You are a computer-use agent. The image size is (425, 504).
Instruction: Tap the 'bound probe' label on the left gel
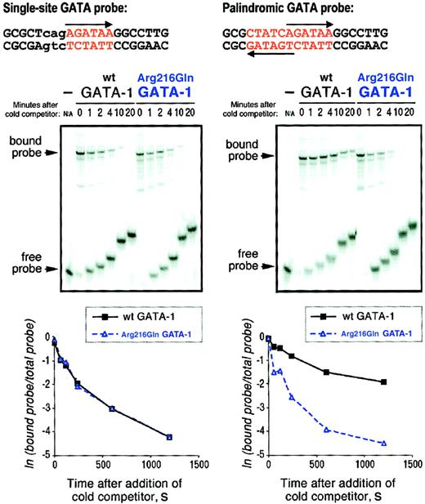(x=25, y=146)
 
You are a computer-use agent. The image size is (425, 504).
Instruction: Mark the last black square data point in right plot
(x=383, y=381)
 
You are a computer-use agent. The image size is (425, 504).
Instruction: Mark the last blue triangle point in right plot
(x=383, y=443)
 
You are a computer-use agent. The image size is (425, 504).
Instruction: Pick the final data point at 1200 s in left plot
(x=168, y=436)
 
